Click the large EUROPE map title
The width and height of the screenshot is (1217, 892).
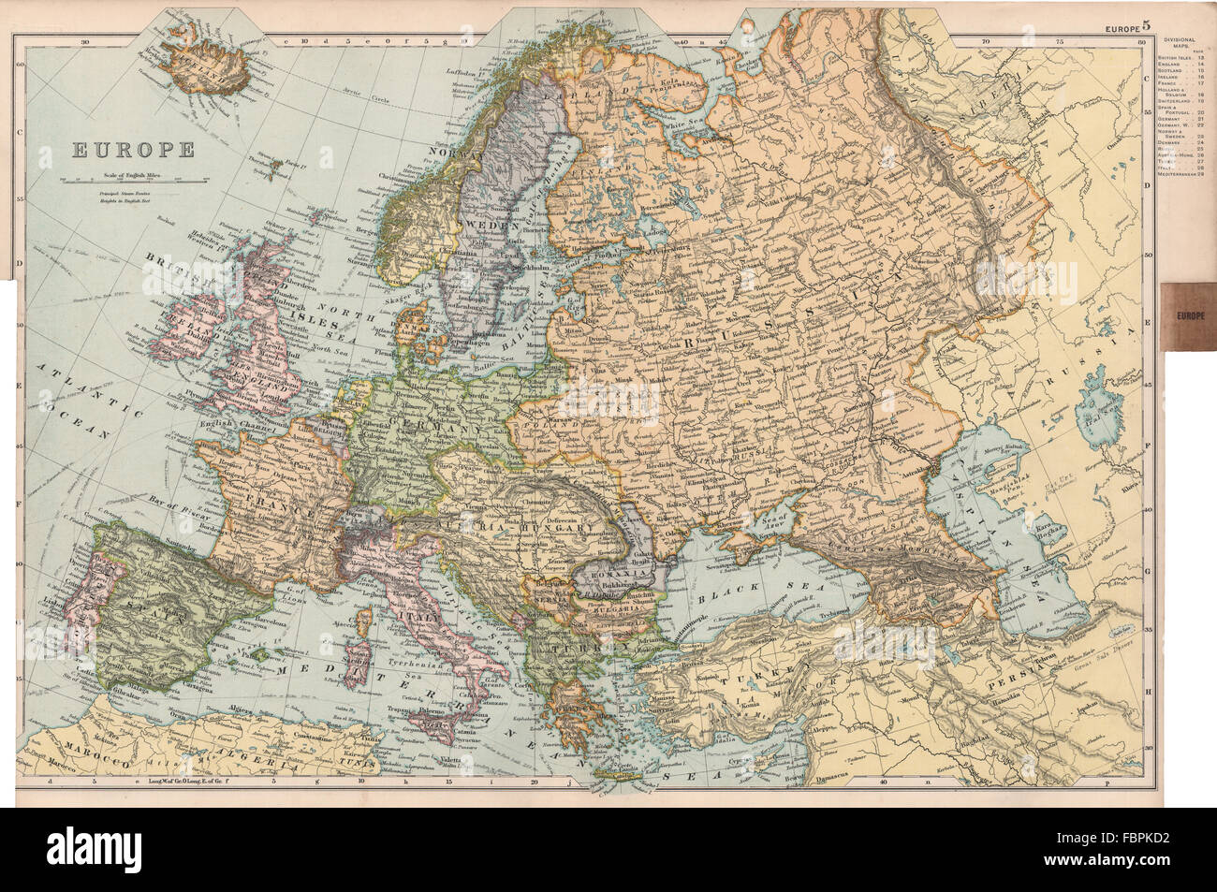pos(130,148)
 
